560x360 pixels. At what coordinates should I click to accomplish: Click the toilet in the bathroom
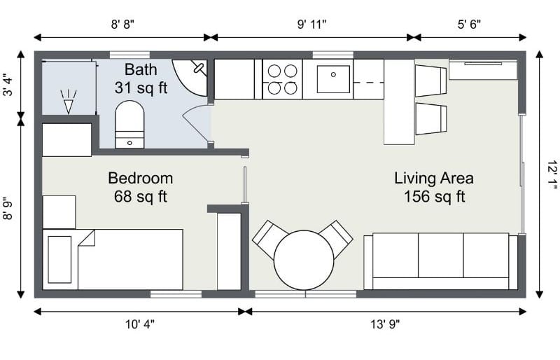click(x=129, y=124)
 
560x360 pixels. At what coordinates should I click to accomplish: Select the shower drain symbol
click(x=68, y=102)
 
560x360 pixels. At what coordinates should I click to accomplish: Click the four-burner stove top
click(x=283, y=79)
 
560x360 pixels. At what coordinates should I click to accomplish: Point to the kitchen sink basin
click(x=333, y=79)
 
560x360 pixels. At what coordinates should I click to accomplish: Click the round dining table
click(x=304, y=260)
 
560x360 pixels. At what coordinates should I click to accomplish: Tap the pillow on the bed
click(x=59, y=259)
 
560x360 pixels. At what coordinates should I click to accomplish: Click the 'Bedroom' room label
click(x=141, y=178)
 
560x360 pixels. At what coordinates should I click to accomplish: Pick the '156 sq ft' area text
click(x=434, y=197)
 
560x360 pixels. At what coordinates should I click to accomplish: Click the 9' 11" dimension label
click(x=311, y=25)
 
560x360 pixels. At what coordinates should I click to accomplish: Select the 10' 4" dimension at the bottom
click(x=139, y=324)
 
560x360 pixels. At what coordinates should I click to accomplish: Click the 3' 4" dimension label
click(x=8, y=85)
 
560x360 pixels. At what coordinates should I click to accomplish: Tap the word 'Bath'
click(x=141, y=69)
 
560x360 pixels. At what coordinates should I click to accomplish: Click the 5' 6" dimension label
click(x=469, y=25)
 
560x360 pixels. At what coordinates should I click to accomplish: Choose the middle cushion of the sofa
click(x=441, y=255)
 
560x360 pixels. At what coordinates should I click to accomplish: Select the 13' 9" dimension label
click(x=384, y=324)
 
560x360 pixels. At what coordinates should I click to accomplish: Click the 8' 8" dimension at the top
click(x=122, y=25)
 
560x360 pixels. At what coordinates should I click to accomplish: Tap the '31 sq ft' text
click(x=141, y=88)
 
